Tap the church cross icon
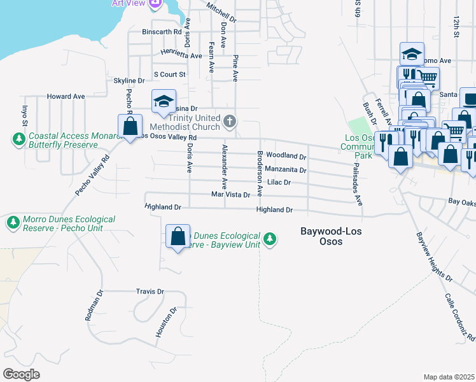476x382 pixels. pos(230,120)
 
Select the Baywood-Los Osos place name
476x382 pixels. pos(331,236)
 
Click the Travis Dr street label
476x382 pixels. pos(150,292)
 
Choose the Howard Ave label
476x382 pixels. pos(66,97)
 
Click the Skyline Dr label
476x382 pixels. pos(129,81)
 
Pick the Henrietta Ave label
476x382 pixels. pos(181,55)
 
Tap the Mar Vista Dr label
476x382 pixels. pos(230,195)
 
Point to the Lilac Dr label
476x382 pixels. pos(279,182)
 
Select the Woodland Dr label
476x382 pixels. pos(286,156)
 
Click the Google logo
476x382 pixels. pos(21,374)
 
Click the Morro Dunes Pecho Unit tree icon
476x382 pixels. pos(13,223)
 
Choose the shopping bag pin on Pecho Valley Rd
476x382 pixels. pos(130,127)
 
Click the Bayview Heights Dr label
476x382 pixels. pos(434,257)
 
